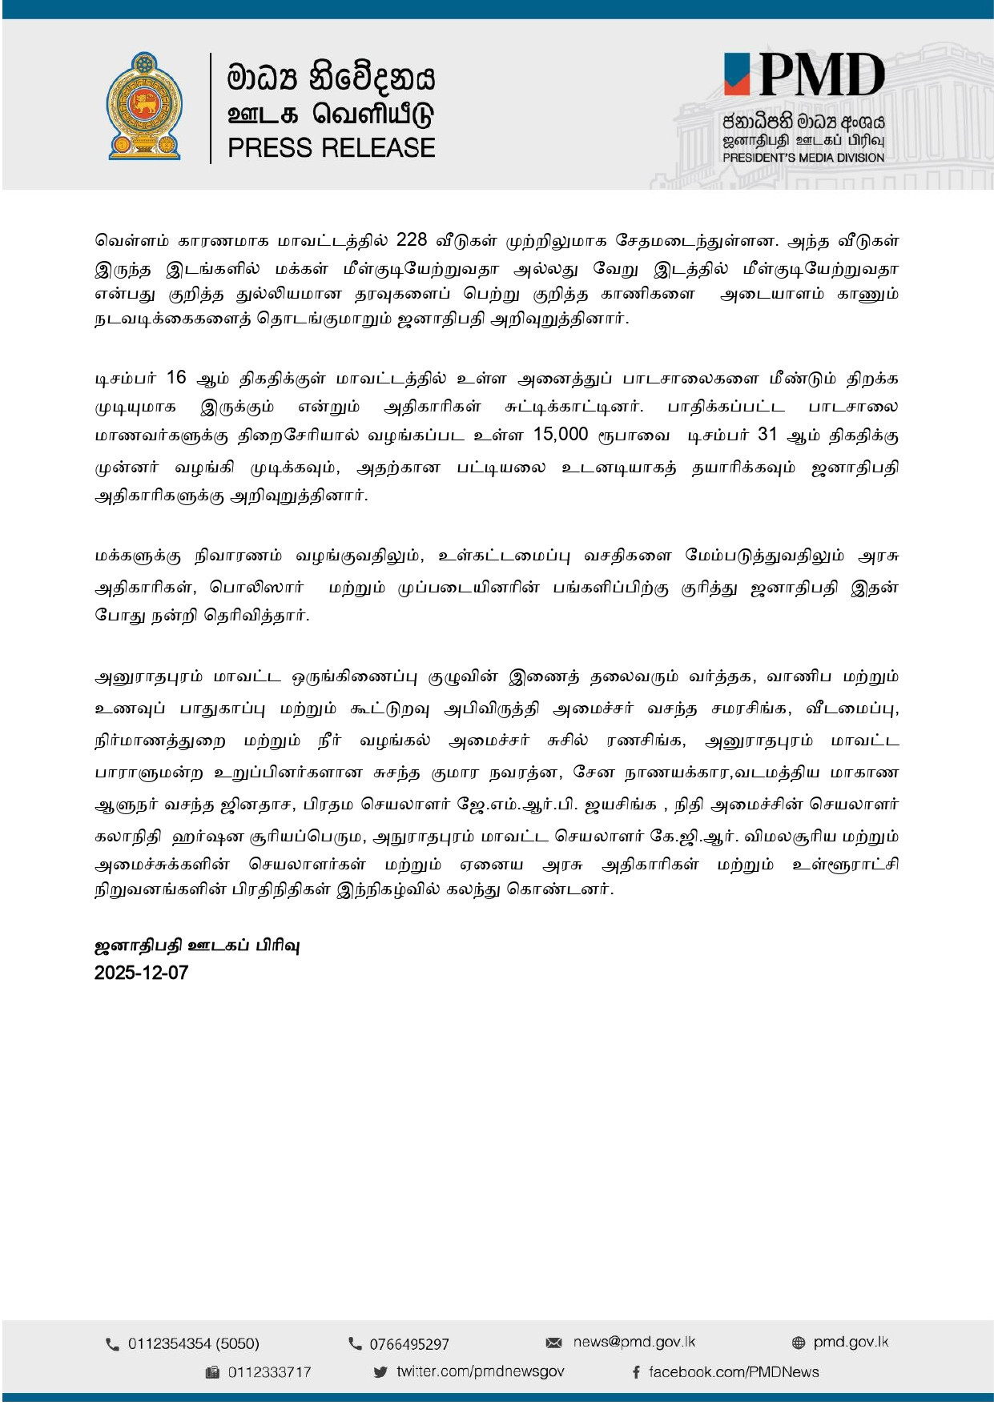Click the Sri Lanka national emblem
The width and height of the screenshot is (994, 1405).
pyautogui.click(x=144, y=106)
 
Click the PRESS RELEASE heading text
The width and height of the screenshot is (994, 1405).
pyautogui.click(x=331, y=148)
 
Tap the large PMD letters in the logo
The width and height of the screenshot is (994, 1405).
pyautogui.click(x=821, y=76)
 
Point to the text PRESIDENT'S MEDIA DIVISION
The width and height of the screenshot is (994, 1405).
pyautogui.click(x=803, y=158)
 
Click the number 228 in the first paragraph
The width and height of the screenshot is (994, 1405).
pyautogui.click(x=412, y=240)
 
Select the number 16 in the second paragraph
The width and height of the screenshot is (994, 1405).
pyautogui.click(x=176, y=377)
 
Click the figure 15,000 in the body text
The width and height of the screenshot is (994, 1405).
pyautogui.click(x=561, y=435)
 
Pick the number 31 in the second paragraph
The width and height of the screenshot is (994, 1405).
pyautogui.click(x=767, y=435)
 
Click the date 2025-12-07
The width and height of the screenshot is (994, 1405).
pyautogui.click(x=141, y=973)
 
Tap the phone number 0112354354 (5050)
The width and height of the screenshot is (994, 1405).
pyautogui.click(x=194, y=1343)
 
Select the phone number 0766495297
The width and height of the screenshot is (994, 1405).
pyautogui.click(x=408, y=1344)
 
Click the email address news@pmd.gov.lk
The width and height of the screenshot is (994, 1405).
pyautogui.click(x=634, y=1342)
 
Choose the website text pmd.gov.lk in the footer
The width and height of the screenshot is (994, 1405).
pyautogui.click(x=851, y=1342)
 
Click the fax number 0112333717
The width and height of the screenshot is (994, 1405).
pyautogui.click(x=269, y=1372)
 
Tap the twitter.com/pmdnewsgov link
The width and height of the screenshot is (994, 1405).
pyautogui.click(x=480, y=1371)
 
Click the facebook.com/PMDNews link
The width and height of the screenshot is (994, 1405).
pyautogui.click(x=734, y=1372)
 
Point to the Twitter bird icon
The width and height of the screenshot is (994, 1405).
pyautogui.click(x=380, y=1372)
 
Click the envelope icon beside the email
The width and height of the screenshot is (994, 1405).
pyautogui.click(x=553, y=1343)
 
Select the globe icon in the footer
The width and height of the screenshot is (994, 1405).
pyautogui.click(x=799, y=1343)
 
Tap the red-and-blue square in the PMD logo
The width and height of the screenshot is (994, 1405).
pyautogui.click(x=737, y=74)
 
